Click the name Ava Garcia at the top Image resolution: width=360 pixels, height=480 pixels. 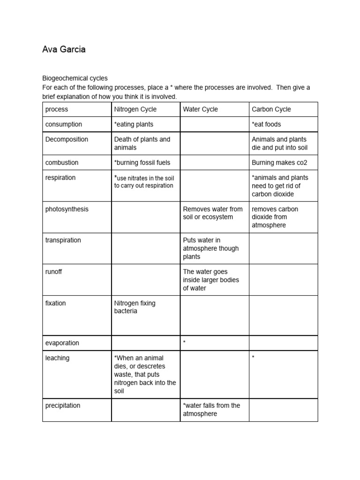(x=64, y=49)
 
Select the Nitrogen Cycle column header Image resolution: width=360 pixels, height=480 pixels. (x=135, y=109)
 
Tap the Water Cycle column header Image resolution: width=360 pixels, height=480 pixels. (x=200, y=109)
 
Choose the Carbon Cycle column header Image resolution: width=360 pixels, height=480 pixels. (x=271, y=109)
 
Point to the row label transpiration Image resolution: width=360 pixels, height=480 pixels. (x=63, y=240)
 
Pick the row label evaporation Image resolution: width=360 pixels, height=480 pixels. (x=62, y=343)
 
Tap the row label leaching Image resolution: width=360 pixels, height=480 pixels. (x=57, y=358)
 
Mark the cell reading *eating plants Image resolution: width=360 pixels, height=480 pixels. (x=134, y=124)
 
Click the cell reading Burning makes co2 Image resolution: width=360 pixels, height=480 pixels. (x=279, y=163)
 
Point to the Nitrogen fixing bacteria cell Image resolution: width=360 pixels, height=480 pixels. (x=135, y=307)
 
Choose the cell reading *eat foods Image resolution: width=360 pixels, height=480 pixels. (x=266, y=124)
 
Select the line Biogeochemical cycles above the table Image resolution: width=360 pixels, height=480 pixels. (x=75, y=78)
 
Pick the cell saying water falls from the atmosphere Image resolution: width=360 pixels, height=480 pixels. (x=211, y=410)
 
